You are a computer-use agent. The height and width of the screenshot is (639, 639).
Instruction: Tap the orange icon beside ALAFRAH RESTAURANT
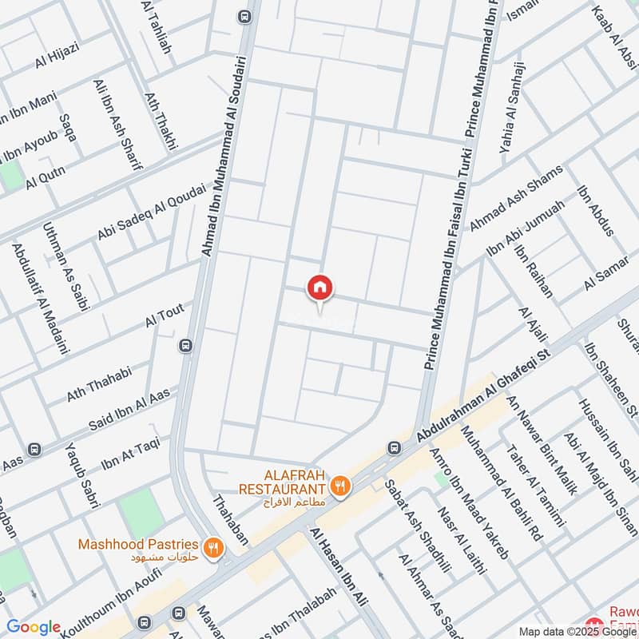340,485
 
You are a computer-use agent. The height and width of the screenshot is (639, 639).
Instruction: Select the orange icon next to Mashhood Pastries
212,547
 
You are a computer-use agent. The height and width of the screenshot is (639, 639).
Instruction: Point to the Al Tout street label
165,316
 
